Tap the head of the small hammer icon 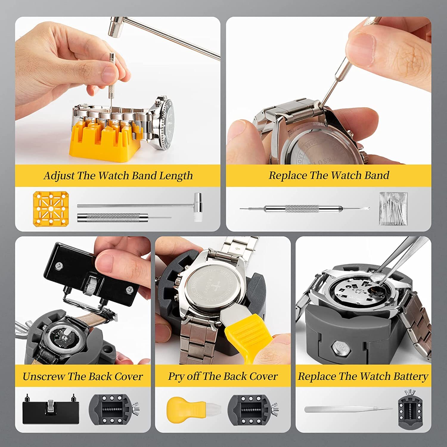[198, 207]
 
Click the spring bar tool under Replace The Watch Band [304, 209]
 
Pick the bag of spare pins [393, 209]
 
